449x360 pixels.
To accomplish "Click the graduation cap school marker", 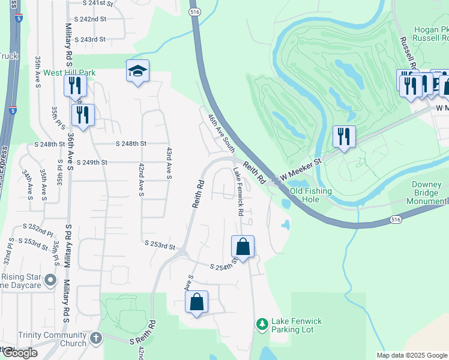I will pos(137,72).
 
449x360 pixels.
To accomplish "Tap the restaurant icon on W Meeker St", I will pos(344,136).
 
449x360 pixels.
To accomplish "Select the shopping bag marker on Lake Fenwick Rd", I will pos(243,247).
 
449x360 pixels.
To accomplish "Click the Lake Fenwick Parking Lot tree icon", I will pos(262,325).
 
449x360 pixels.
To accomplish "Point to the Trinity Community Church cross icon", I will pos(95,339).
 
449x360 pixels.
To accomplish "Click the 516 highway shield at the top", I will pos(193,11).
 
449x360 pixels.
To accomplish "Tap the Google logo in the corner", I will pos(19,353).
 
